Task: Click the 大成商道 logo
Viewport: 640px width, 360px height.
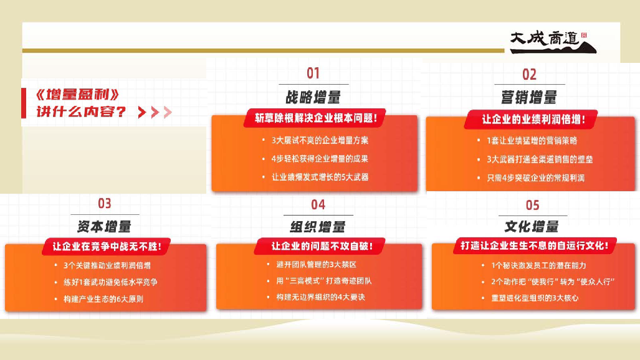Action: (553, 42)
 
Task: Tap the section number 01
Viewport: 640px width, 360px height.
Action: (313, 73)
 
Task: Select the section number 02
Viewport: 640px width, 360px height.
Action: (530, 75)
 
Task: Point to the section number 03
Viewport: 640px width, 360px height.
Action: (105, 203)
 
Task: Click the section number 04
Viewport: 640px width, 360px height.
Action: (318, 204)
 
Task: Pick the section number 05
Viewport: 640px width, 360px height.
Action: (532, 206)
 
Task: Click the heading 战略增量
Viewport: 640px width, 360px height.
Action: (313, 98)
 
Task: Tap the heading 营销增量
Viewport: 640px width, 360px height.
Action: (529, 98)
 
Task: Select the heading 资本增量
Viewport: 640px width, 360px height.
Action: (104, 227)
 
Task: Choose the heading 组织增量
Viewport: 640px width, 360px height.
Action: (318, 227)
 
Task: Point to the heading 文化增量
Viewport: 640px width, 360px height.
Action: (532, 227)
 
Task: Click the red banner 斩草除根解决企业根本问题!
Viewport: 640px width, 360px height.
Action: (315, 118)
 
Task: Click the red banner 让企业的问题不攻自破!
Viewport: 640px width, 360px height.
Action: (320, 246)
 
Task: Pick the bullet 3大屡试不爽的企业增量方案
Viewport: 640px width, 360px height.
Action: (320, 140)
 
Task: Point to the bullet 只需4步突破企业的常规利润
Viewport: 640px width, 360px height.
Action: (535, 178)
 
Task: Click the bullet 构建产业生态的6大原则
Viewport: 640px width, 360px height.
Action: (103, 299)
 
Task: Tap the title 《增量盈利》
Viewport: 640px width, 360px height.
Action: (77, 95)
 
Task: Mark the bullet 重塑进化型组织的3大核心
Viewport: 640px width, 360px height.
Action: (535, 298)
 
